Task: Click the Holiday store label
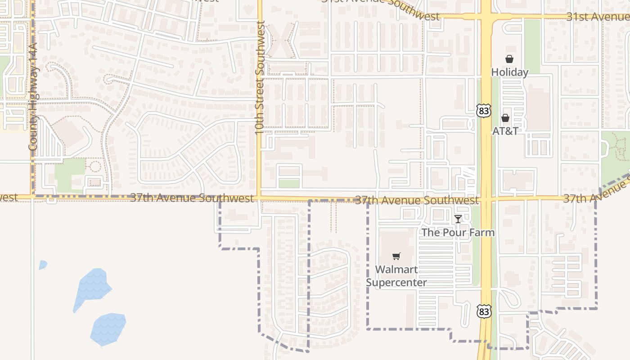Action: point(509,72)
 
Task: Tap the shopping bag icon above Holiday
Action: point(509,59)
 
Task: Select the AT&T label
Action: point(505,131)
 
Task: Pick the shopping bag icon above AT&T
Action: point(505,118)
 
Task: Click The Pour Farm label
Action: point(458,233)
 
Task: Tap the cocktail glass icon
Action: point(458,219)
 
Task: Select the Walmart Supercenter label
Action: point(396,276)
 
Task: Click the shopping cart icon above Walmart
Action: point(396,256)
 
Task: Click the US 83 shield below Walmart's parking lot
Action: point(484,311)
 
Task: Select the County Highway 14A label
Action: point(33,97)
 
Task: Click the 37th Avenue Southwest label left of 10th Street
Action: point(192,198)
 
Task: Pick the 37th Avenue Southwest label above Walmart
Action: point(417,200)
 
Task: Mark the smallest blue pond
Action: point(43,265)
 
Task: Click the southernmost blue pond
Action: point(108,328)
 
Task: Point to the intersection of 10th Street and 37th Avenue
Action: point(259,198)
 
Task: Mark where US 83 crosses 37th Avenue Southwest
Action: point(486,198)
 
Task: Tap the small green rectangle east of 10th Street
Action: point(289,184)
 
